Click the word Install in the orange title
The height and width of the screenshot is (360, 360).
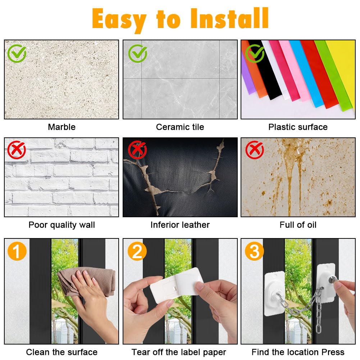(x=229, y=18)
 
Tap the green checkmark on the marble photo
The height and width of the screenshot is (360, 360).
(x=17, y=54)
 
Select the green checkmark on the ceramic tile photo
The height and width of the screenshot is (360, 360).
(x=137, y=54)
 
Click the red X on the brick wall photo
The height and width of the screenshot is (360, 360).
(x=17, y=150)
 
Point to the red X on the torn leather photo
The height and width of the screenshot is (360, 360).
(x=137, y=150)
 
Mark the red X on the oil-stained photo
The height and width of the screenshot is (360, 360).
(x=255, y=150)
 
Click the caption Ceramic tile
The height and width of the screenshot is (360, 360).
(x=180, y=127)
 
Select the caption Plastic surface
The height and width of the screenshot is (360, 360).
(x=298, y=127)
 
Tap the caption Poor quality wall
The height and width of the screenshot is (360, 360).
(x=62, y=225)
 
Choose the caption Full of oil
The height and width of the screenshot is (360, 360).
(x=298, y=225)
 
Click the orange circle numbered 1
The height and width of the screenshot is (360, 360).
(x=17, y=251)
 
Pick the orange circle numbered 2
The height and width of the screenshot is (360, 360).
(x=137, y=251)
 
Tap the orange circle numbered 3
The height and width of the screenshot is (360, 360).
(x=254, y=251)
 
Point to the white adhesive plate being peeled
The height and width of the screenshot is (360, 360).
(x=176, y=285)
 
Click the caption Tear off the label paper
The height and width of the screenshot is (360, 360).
(x=179, y=352)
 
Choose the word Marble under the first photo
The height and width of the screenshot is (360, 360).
(x=62, y=127)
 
